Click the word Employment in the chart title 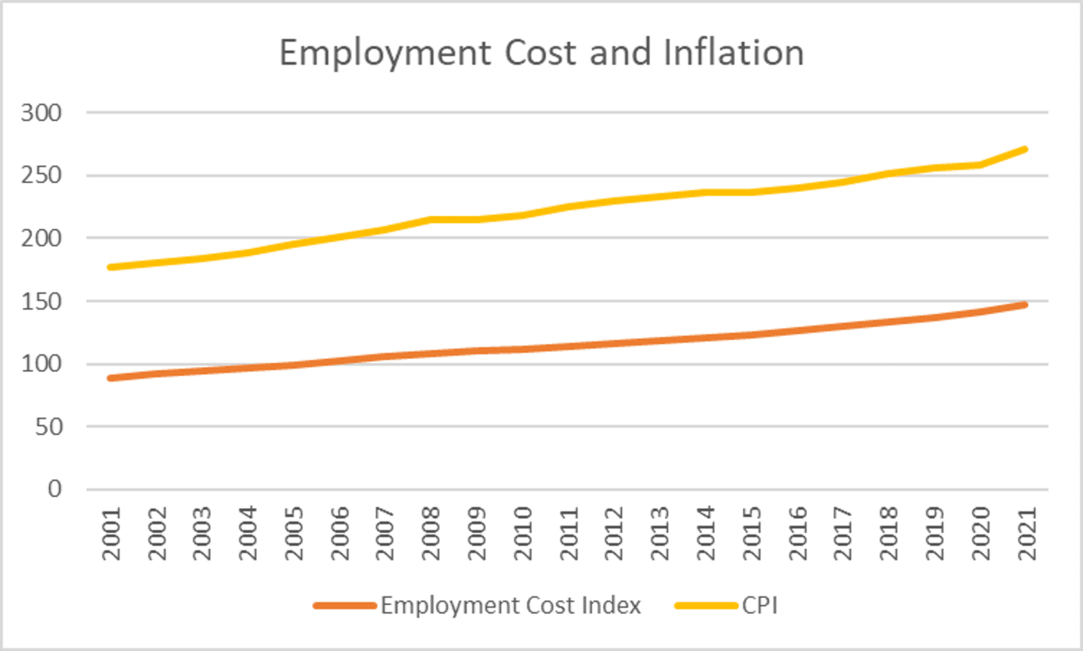click(386, 54)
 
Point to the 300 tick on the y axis click(41, 113)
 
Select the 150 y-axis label click(41, 302)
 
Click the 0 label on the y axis click(54, 489)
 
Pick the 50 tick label click(49, 427)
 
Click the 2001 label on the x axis click(112, 534)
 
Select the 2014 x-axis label click(706, 534)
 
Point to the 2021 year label click(1027, 534)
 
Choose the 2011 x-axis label click(570, 534)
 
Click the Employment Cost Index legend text click(511, 606)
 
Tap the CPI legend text click(759, 606)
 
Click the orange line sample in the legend click(345, 606)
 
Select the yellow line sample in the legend click(706, 606)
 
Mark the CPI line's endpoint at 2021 click(1025, 150)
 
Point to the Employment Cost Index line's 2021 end click(1025, 305)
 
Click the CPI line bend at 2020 click(980, 165)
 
